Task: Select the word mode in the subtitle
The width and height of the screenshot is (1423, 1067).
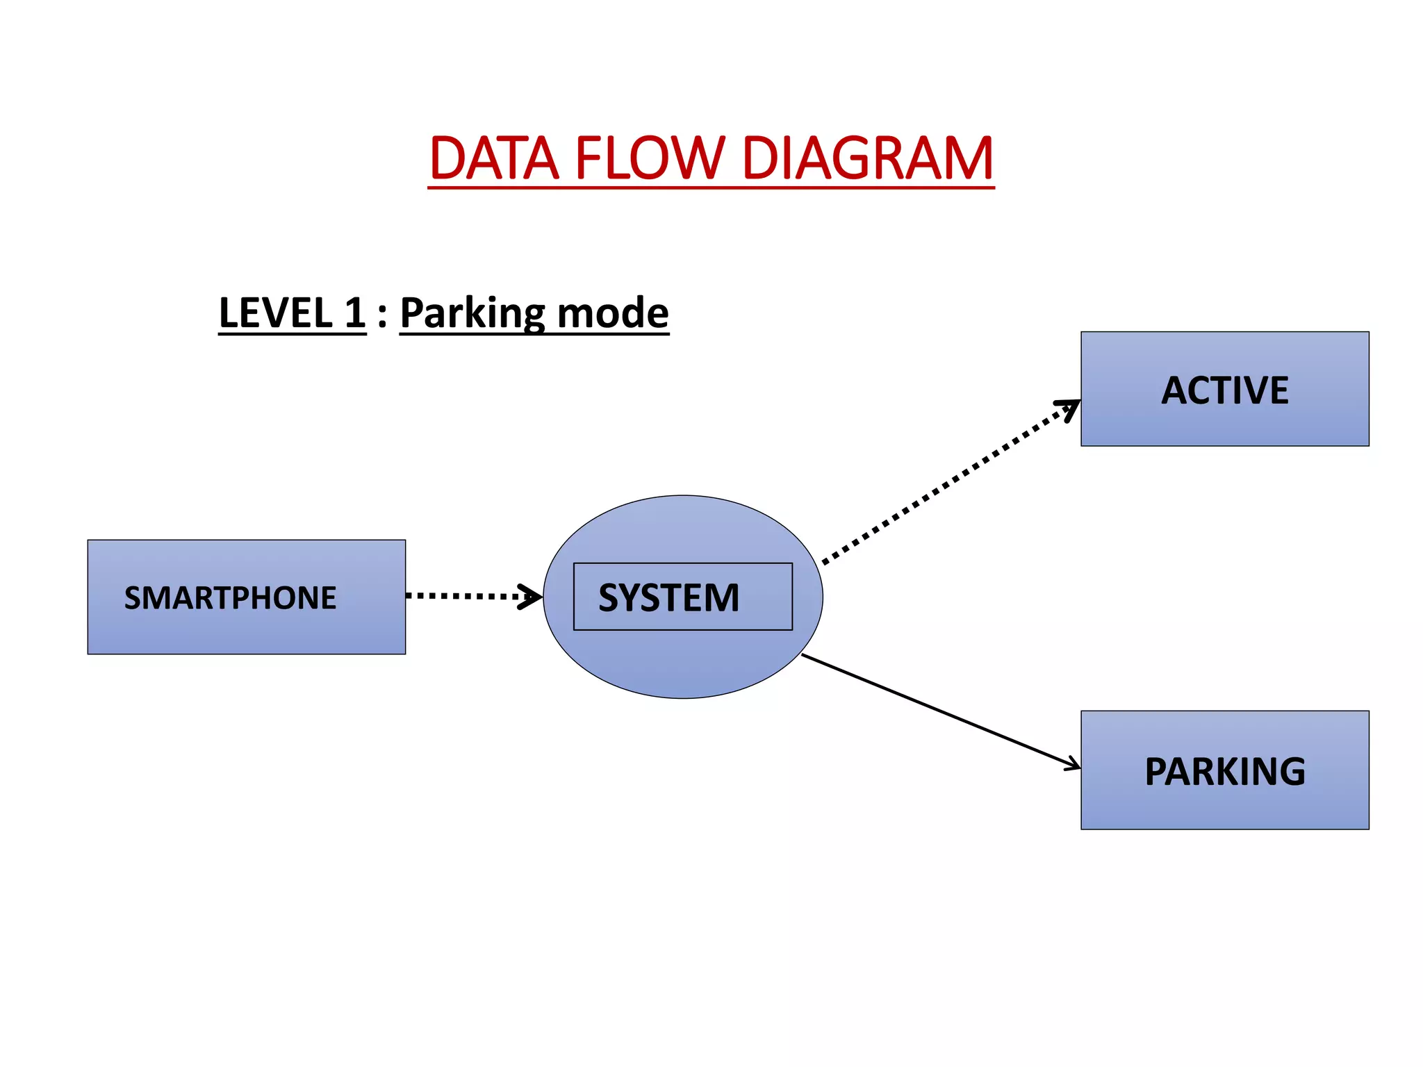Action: pyautogui.click(x=612, y=313)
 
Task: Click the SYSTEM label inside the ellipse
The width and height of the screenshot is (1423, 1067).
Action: pyautogui.click(x=669, y=597)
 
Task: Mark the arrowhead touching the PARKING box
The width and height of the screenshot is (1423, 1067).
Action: pyautogui.click(x=1072, y=764)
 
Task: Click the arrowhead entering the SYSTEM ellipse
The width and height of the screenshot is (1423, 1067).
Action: pyautogui.click(x=532, y=596)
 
